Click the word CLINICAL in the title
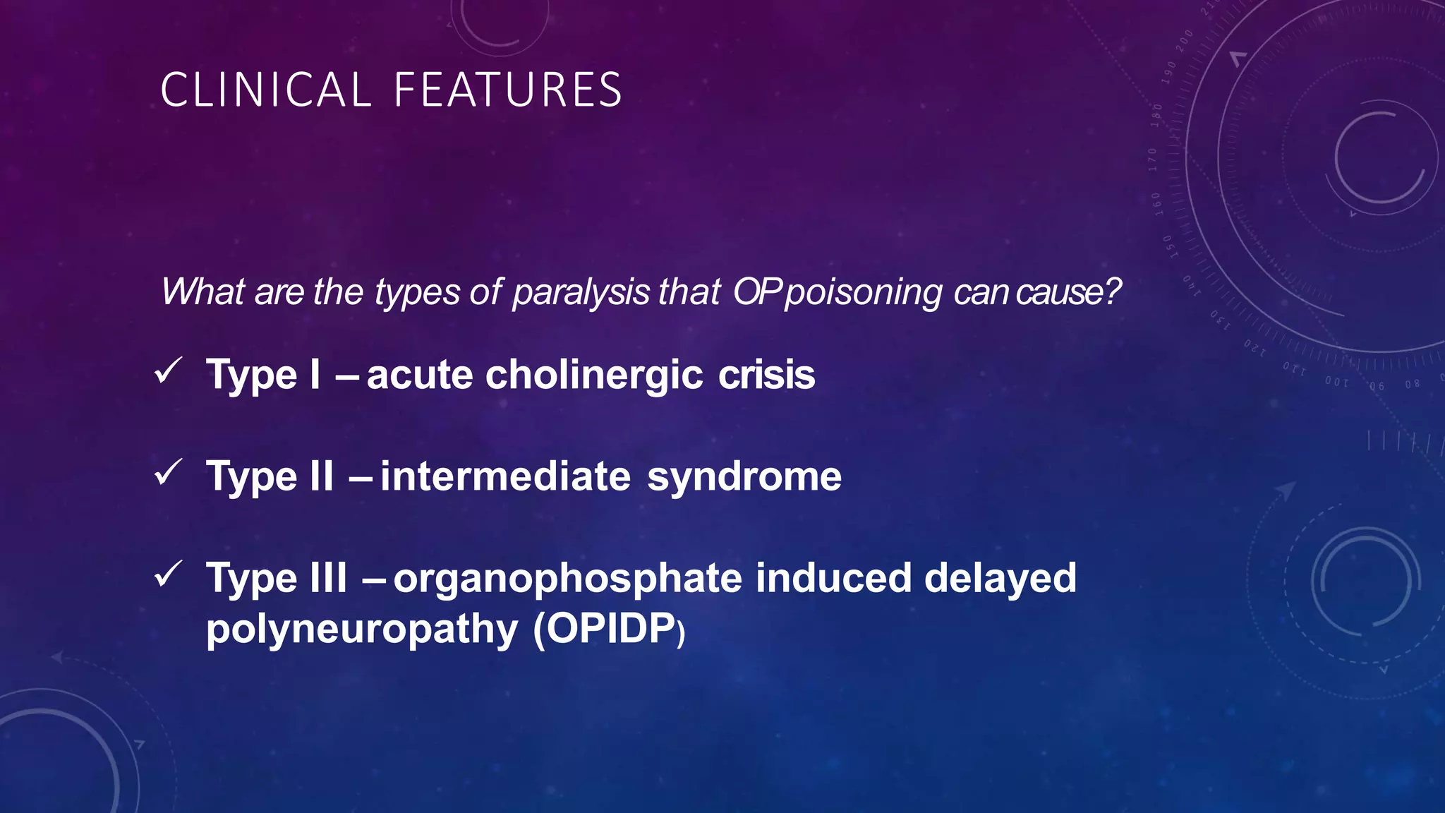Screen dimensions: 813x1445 coord(265,90)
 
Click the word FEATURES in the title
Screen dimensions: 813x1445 coord(507,90)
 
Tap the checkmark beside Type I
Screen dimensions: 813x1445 coord(169,371)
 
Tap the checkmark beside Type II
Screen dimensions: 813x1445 coord(169,473)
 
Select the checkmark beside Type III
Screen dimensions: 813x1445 coord(169,574)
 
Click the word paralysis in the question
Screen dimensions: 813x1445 coord(581,292)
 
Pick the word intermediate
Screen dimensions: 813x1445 coord(505,476)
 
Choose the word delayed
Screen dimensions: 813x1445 coord(1000,579)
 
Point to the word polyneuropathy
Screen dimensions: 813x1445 coord(362,630)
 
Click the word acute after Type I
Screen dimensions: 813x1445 coord(419,375)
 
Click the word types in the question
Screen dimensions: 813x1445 coord(417,292)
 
